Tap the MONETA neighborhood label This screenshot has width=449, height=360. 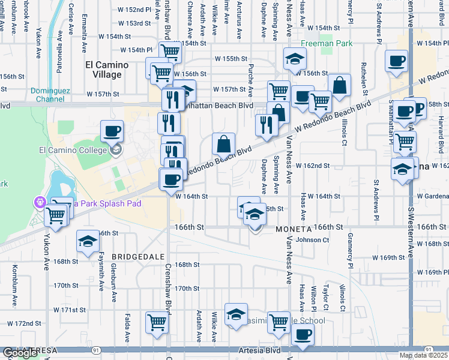(x=294, y=230)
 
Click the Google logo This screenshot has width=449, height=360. (x=19, y=353)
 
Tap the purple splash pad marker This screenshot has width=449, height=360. (x=41, y=203)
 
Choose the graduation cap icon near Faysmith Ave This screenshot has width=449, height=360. (x=88, y=242)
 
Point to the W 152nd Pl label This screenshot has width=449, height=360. (x=134, y=10)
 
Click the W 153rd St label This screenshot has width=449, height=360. (x=134, y=23)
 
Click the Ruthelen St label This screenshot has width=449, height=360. (x=364, y=78)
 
